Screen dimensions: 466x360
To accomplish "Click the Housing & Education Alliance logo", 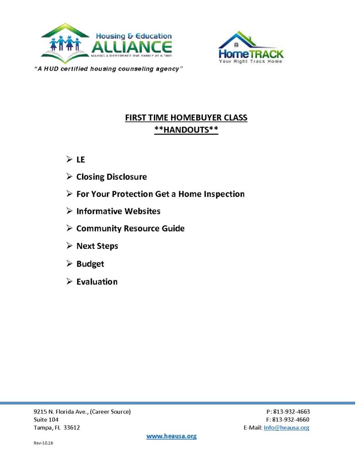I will point(106,43).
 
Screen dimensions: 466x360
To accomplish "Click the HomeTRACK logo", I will point(250,47).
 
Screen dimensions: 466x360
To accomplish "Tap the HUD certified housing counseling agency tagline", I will point(109,68).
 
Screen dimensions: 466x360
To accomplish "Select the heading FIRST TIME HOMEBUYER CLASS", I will point(186,118).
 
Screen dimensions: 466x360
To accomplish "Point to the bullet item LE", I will point(81,160).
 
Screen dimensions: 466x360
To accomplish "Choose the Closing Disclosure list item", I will point(112,177).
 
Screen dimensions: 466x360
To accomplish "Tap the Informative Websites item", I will point(118,211).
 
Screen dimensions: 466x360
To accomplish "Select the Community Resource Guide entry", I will point(130,228).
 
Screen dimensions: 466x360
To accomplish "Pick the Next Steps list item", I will point(97,246).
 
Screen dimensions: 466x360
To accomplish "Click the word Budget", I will point(90,263).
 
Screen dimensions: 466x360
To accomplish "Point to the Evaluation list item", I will point(96,282).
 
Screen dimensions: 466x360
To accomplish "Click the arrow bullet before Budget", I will point(69,263).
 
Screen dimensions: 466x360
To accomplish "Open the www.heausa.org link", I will point(171,436).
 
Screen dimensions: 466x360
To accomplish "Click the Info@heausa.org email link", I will point(286,428).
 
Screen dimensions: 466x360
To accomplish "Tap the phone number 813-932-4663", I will point(291,411).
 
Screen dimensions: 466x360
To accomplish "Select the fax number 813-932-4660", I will point(291,420).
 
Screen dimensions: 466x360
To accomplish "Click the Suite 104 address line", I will point(46,420).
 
